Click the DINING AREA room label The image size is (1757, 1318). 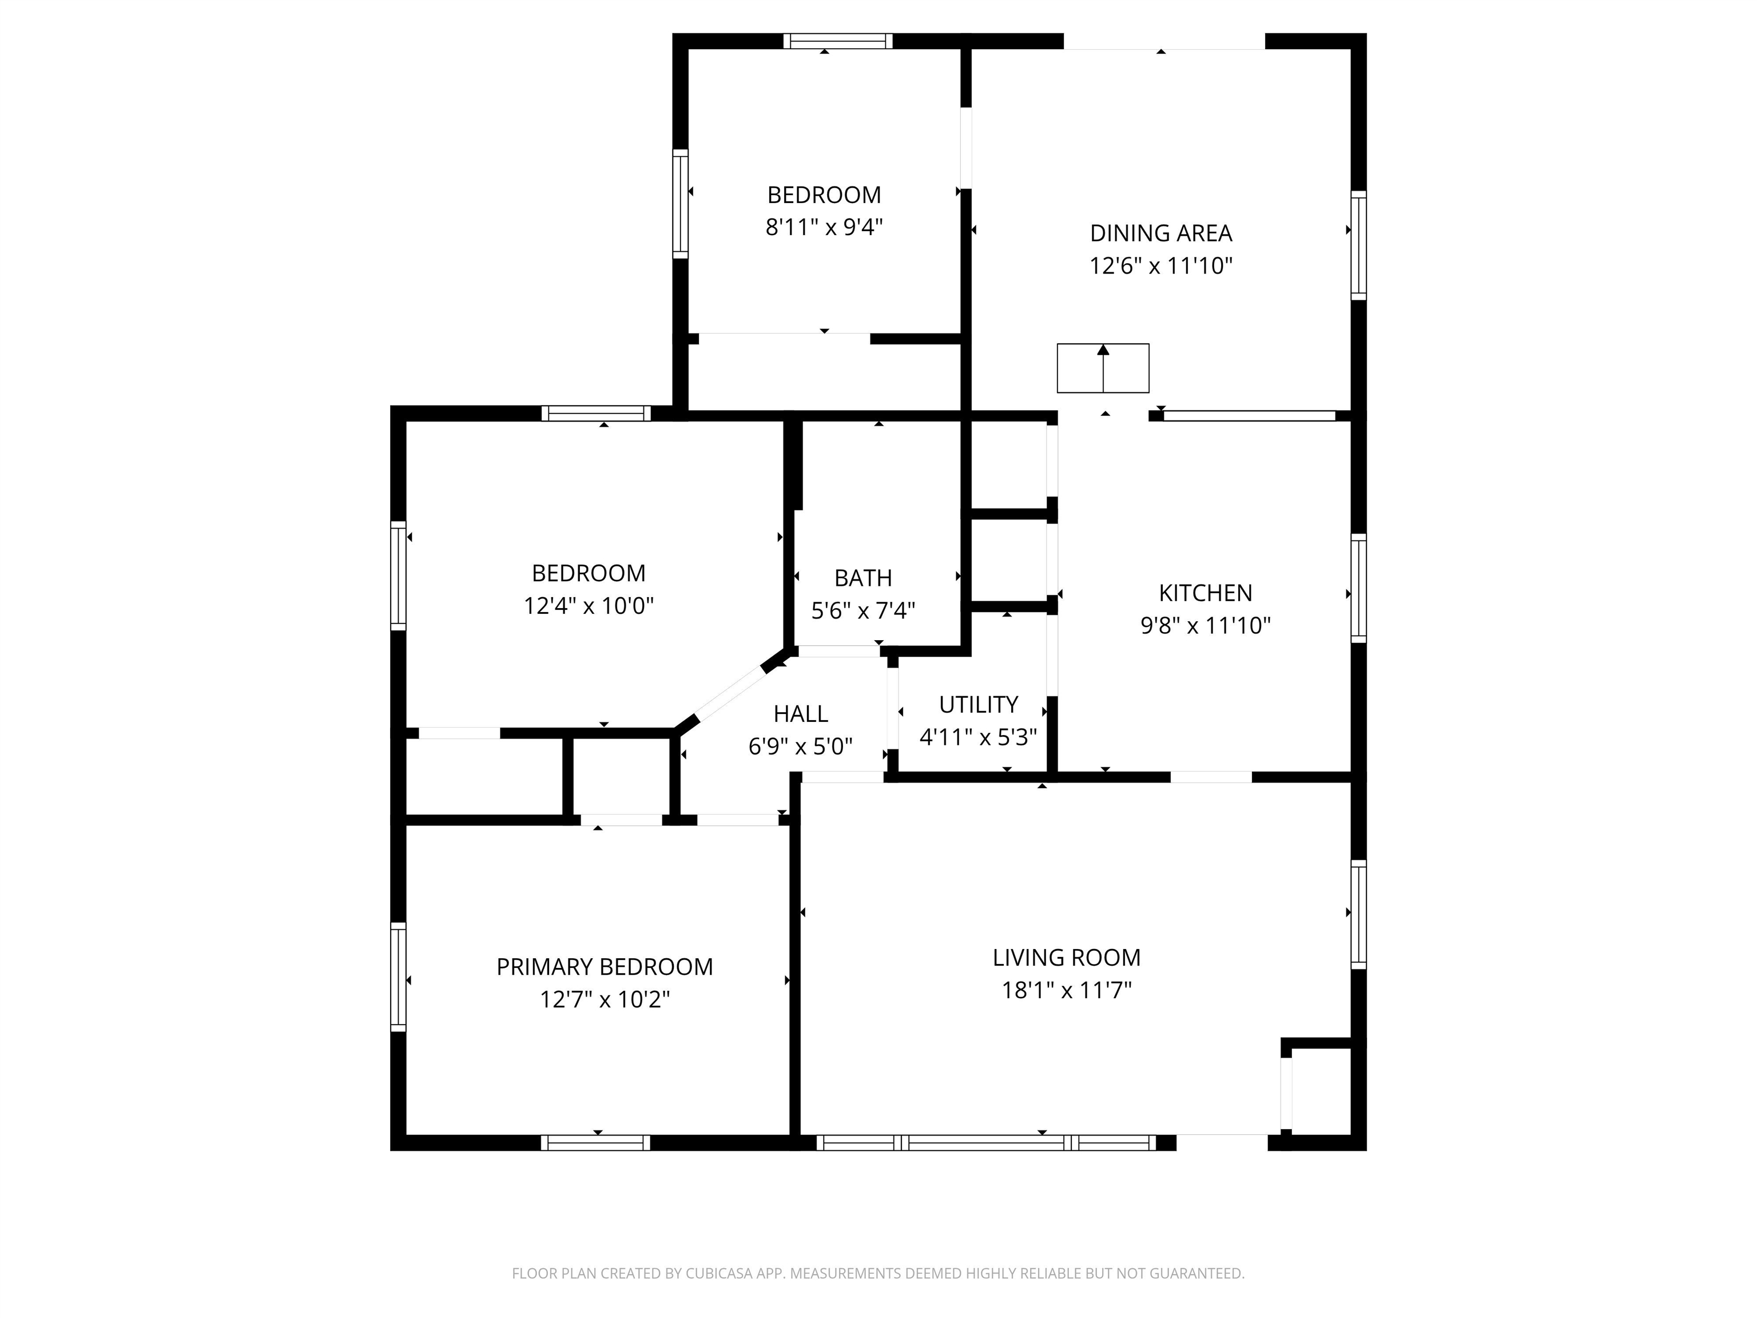click(1160, 233)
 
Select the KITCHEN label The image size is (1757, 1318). click(1205, 593)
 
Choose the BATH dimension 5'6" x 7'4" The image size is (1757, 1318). click(862, 610)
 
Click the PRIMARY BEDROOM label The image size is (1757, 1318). click(605, 966)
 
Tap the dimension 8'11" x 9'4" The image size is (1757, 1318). click(824, 227)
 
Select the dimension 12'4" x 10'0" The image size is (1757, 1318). click(588, 606)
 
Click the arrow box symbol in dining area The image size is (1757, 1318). click(1103, 368)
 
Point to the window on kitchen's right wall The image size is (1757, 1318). click(1358, 588)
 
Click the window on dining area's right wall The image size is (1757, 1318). click(1358, 245)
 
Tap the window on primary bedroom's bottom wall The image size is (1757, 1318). click(596, 1142)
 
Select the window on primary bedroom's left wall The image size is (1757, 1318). click(398, 976)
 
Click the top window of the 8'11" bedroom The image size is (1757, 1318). click(838, 41)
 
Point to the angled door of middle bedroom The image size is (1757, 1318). click(729, 692)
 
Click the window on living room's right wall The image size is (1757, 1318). click(1358, 914)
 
